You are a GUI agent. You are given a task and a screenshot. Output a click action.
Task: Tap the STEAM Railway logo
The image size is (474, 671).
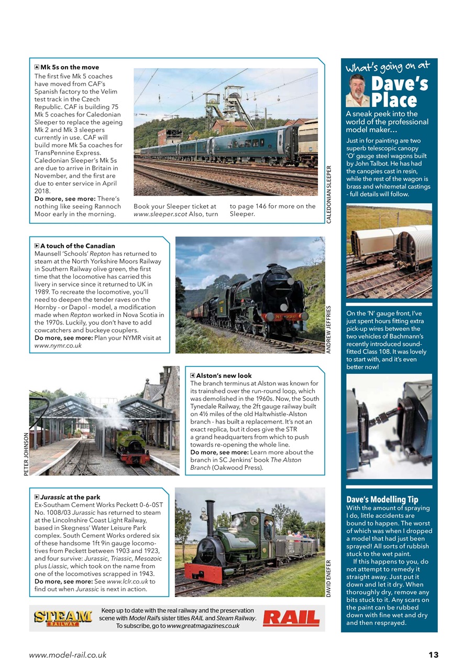[x=63, y=618]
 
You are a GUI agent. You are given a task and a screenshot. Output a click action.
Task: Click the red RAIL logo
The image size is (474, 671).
[x=291, y=618]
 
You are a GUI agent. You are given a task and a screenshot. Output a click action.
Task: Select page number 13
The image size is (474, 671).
[x=433, y=655]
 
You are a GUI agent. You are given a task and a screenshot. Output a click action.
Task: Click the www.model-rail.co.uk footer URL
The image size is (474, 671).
[x=68, y=655]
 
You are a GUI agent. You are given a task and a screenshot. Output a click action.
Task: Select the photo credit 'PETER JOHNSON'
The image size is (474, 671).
[x=26, y=453]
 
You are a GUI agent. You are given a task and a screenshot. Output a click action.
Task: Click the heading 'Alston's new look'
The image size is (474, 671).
[x=224, y=375]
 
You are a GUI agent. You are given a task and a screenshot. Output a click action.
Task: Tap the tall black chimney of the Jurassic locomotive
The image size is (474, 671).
[x=210, y=519]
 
